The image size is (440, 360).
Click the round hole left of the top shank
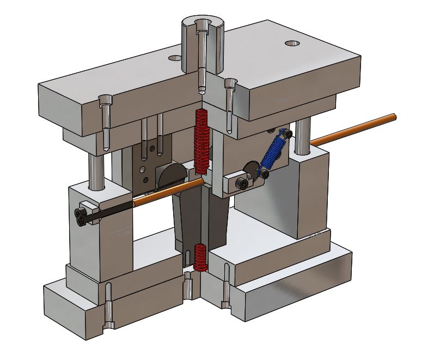(175, 57)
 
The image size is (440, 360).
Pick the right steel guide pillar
(300, 138)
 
